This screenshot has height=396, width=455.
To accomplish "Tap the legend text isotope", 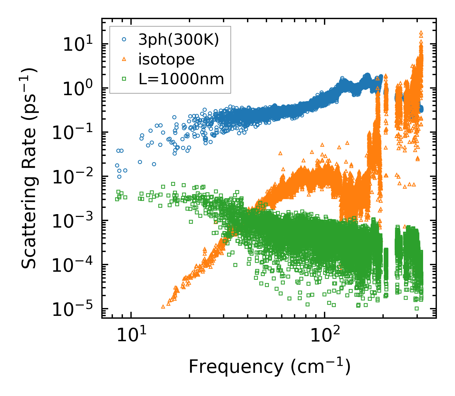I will pos(166,59).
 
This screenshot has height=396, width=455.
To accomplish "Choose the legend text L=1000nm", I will pos(181,79).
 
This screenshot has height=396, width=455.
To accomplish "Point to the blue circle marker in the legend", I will pos(124,40).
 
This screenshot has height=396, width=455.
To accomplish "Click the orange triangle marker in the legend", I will pos(124,59).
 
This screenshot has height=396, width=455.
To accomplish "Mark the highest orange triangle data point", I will pos(421,32).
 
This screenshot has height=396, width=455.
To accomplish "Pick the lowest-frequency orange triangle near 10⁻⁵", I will pos(163,306).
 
